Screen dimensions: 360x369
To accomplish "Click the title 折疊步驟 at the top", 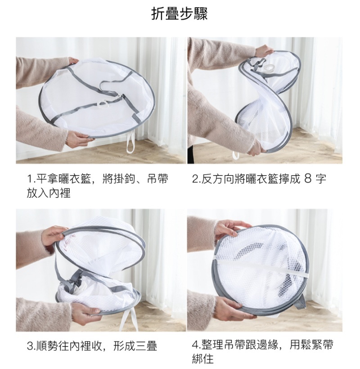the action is click(x=179, y=14).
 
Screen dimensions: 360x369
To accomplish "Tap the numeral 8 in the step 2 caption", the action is click(x=307, y=179).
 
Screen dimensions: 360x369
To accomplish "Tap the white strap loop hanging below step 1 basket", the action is click(x=130, y=144).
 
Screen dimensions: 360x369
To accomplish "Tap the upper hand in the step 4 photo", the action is click(x=229, y=228).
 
